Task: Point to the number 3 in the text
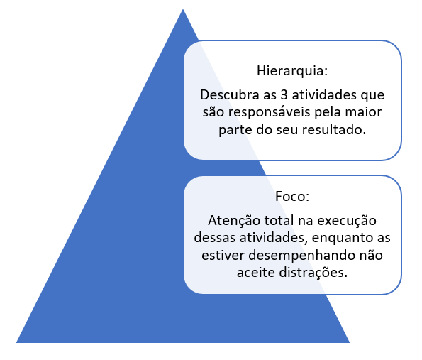[284, 95]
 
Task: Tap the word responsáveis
[270, 112]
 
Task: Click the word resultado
[334, 130]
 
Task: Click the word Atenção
[234, 221]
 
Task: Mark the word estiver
[223, 255]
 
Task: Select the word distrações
[313, 273]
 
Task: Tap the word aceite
[256, 273]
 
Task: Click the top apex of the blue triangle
[183, 9]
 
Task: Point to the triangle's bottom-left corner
[16, 342]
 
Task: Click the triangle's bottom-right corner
[350, 342]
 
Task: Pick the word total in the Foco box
[279, 221]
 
